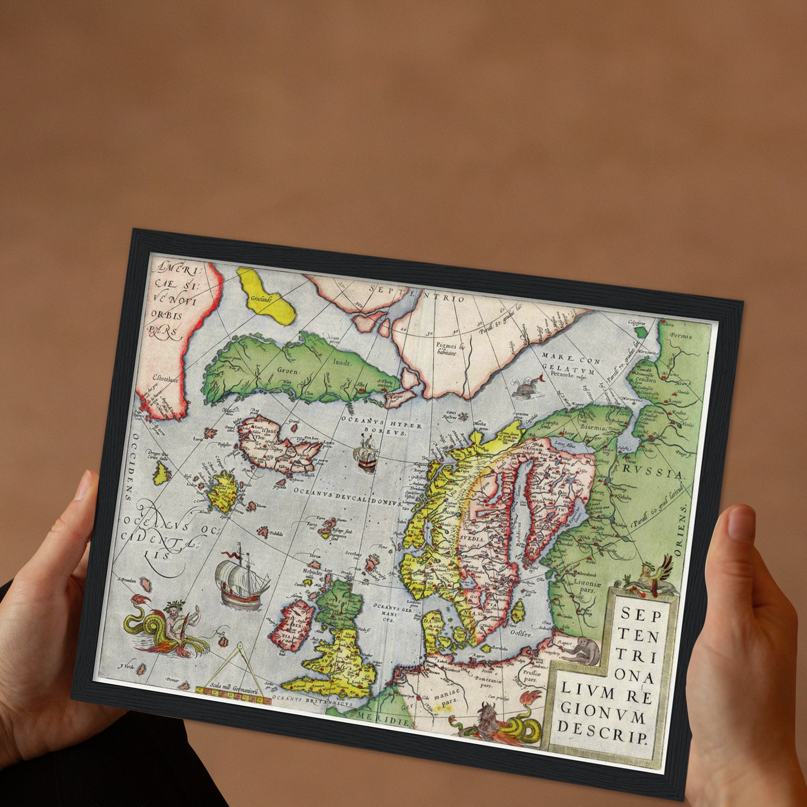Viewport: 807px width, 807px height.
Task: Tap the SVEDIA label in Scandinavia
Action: coord(472,539)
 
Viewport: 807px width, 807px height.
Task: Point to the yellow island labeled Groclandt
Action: coord(265,296)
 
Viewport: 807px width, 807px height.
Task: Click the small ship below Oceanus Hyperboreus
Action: coord(366,453)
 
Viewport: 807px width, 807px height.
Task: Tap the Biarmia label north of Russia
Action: coord(591,428)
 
